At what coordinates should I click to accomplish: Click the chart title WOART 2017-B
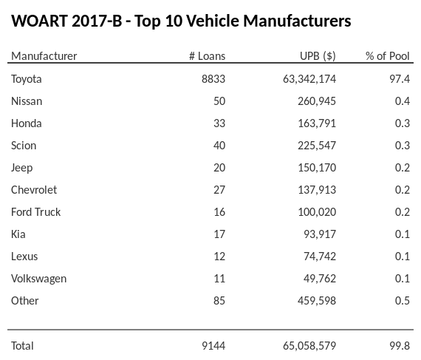(x=181, y=21)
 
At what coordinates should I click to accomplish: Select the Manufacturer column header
(x=44, y=56)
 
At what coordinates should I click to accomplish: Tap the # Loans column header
(x=207, y=56)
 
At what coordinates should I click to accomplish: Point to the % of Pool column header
(x=387, y=56)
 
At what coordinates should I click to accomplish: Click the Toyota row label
(x=27, y=78)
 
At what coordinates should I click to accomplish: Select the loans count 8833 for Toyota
(x=213, y=78)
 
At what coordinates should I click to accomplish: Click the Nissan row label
(x=27, y=101)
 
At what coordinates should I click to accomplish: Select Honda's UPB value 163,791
(x=316, y=123)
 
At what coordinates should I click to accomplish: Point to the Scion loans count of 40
(x=219, y=145)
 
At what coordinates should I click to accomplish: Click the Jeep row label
(x=21, y=167)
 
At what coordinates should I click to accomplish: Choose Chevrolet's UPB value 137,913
(x=316, y=189)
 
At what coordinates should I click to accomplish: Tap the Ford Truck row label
(x=35, y=211)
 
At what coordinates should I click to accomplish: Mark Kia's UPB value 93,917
(x=319, y=234)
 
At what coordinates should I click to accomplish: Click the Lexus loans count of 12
(x=219, y=256)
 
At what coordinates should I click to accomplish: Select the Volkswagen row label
(x=38, y=278)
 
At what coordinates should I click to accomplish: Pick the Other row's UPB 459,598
(x=316, y=300)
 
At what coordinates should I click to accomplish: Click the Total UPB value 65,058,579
(x=305, y=345)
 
